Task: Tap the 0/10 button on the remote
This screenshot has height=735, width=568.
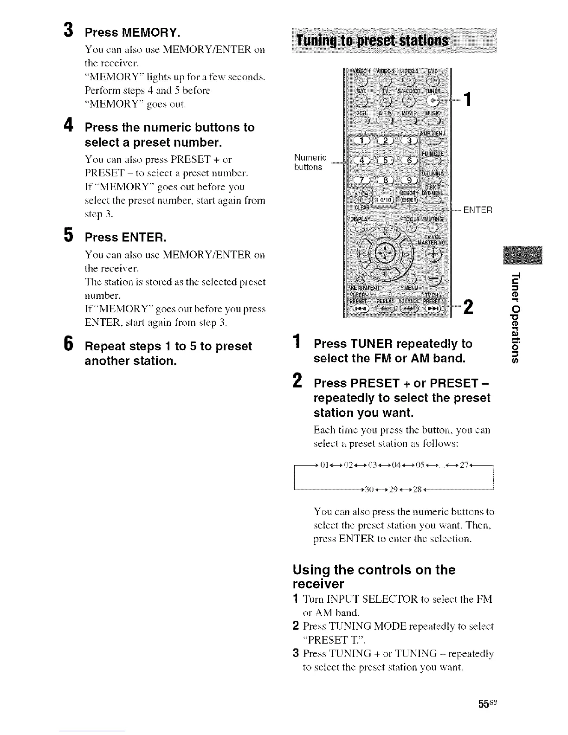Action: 384,199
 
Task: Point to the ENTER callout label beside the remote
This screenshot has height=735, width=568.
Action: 478,210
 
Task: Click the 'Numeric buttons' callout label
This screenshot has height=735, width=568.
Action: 310,162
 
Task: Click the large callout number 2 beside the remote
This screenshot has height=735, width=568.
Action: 468,308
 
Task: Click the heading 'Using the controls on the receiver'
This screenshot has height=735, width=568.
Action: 374,576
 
